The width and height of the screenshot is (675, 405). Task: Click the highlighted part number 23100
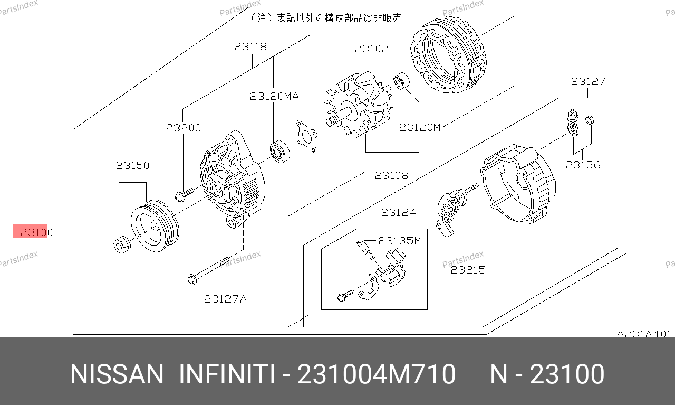[x=36, y=232]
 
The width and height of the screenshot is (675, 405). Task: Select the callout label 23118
[x=250, y=46]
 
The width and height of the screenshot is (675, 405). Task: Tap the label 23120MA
[x=274, y=96]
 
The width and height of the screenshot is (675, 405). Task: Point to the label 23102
[x=371, y=49]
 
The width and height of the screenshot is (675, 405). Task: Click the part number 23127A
[x=225, y=299]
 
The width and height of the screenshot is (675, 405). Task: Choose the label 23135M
[x=400, y=241]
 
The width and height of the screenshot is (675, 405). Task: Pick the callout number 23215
[x=468, y=269]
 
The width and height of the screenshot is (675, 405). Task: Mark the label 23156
[x=583, y=165]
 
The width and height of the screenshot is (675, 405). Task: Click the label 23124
[x=398, y=212]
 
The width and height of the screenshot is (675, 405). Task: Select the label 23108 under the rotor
[x=391, y=175]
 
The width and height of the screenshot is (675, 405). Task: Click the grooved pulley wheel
[x=155, y=226]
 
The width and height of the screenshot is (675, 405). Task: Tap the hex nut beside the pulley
[x=122, y=245]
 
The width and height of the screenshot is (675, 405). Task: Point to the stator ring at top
[x=449, y=54]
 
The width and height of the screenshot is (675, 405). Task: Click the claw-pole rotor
[x=359, y=104]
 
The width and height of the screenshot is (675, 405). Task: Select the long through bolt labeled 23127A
[x=208, y=270]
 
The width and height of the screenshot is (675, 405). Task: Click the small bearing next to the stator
[x=401, y=81]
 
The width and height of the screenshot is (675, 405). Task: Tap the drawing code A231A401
[x=644, y=334]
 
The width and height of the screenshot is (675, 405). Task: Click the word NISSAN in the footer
[x=117, y=374]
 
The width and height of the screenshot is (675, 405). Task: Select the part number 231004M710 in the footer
[x=377, y=374]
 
